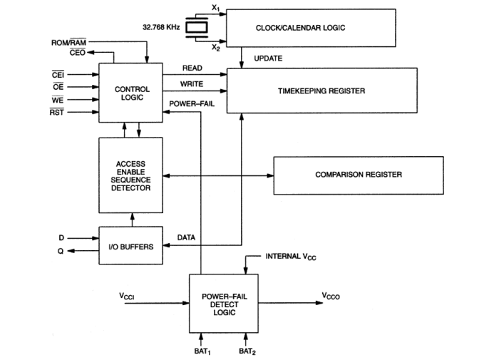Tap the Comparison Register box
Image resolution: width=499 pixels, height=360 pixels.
pyautogui.click(x=358, y=174)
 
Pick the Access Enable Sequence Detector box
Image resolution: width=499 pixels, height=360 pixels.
pyautogui.click(x=131, y=175)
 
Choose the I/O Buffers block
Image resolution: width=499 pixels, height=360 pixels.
pyautogui.click(x=131, y=247)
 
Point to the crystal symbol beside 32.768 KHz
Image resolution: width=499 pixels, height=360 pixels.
pyautogui.click(x=195, y=28)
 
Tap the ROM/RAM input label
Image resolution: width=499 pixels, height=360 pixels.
pyautogui.click(x=69, y=42)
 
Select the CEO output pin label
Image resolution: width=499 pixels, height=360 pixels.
pyautogui.click(x=78, y=52)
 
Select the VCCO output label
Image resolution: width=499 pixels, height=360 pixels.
pyautogui.click(x=331, y=298)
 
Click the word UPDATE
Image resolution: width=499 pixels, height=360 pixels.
pyautogui.click(x=268, y=58)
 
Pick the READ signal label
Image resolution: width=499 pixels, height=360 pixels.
pyautogui.click(x=193, y=69)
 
